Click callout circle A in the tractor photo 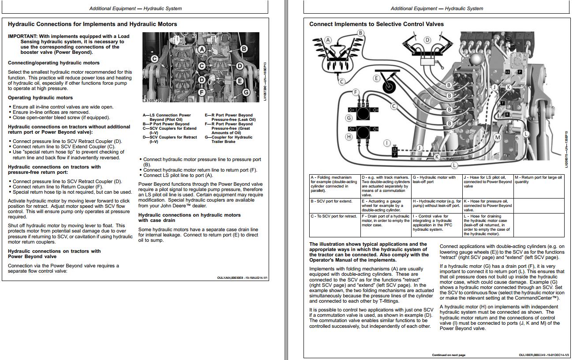pos(202,49)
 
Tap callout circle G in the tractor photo pos(246,92)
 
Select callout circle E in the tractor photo pos(240,81)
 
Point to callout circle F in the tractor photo pos(202,92)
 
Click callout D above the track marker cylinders pos(427,40)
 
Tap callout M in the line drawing pos(498,138)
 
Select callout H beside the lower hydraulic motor pos(349,137)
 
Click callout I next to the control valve pos(387,143)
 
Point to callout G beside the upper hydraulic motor pos(349,118)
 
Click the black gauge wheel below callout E pos(389,87)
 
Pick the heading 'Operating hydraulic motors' pos(40,98)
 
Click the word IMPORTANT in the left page pos(22,36)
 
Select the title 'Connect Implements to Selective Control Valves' pos(376,24)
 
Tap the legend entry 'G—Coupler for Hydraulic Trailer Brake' pos(228,139)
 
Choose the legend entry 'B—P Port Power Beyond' pos(166,124)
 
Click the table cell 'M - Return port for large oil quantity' pos(539,180)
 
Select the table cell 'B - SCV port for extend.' pos(331,201)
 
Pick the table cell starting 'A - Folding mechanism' pos(334,184)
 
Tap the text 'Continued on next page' pos(449,355)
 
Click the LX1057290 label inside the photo pos(153,101)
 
